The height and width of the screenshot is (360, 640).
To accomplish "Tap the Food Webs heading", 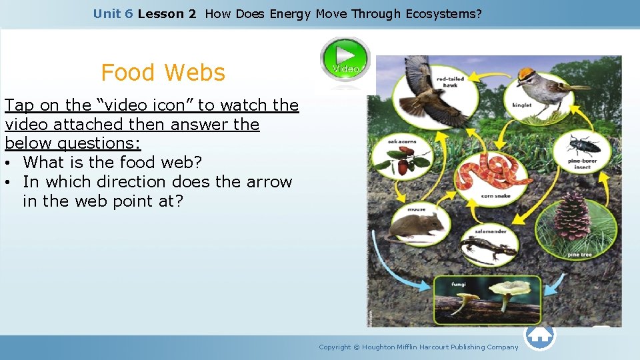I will tap(163, 73).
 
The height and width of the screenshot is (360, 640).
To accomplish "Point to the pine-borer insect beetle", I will tap(581, 145).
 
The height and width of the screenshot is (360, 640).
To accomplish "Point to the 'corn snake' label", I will tap(495, 196).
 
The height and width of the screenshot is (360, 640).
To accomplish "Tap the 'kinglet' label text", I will tap(521, 105).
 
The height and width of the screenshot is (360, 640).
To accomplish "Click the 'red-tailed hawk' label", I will tap(450, 82).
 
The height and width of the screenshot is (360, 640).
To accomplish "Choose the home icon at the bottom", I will tap(539, 335).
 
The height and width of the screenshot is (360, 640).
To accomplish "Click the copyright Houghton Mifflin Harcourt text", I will tap(418, 347).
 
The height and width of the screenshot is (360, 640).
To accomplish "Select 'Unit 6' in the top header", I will tap(113, 13).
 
